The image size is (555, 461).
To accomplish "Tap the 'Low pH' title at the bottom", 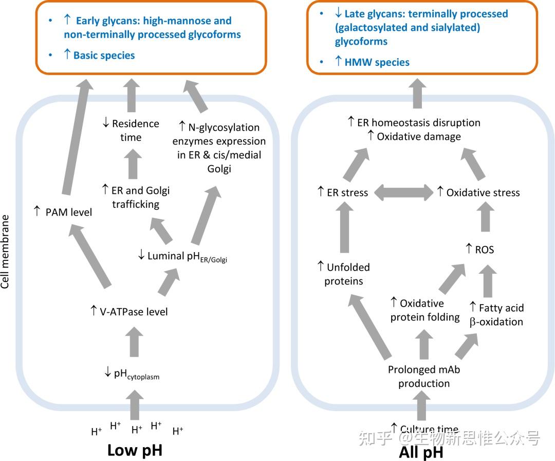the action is point(135,450).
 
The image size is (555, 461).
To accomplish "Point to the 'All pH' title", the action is point(421,452).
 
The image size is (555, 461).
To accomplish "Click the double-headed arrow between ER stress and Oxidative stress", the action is point(403,192).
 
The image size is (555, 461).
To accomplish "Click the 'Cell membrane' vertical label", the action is point(5,252).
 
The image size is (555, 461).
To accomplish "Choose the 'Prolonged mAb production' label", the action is point(424,376).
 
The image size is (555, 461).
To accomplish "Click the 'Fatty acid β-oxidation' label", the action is point(496,314).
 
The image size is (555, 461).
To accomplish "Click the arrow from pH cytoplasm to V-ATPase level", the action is point(134,342).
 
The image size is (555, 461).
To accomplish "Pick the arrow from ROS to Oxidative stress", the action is point(485,216).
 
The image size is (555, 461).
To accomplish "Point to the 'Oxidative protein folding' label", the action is point(425,310).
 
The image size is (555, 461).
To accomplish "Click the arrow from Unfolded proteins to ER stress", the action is point(344,227).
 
